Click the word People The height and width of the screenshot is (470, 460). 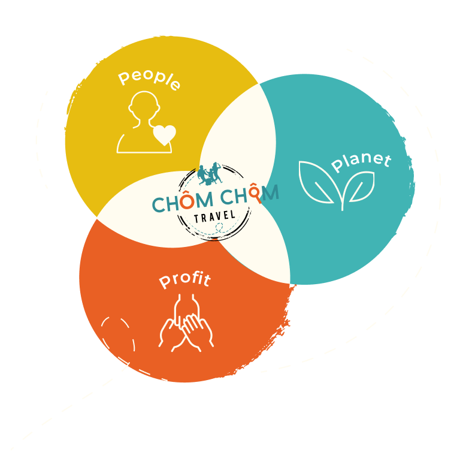149,80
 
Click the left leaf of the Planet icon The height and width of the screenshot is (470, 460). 317,181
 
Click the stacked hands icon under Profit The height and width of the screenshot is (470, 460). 186,324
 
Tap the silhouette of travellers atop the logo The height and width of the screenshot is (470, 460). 210,173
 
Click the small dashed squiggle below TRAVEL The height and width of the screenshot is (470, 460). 219,228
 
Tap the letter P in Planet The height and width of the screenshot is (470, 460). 337,166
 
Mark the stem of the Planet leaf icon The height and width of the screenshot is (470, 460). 342,201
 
